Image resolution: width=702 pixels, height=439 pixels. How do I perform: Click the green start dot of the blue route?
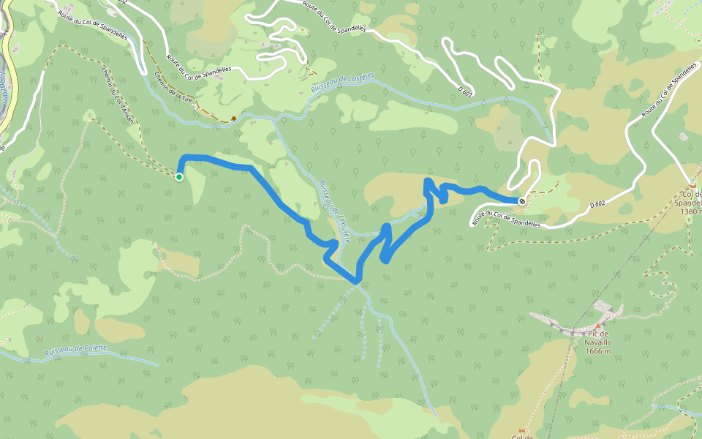[178, 176]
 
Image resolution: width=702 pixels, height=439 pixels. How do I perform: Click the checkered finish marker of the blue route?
[521, 200]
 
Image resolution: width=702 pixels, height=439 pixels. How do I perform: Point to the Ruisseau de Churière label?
[334, 211]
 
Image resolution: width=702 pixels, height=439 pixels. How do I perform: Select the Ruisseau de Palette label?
[75, 351]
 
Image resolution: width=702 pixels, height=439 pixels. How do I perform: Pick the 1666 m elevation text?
[598, 350]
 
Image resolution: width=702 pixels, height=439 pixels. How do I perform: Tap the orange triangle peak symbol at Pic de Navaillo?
[597, 324]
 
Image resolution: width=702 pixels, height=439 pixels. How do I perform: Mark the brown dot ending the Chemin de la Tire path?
[233, 118]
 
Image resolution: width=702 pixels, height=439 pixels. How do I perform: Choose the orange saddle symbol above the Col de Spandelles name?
[692, 186]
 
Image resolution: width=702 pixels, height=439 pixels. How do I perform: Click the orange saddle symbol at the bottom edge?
[521, 430]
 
